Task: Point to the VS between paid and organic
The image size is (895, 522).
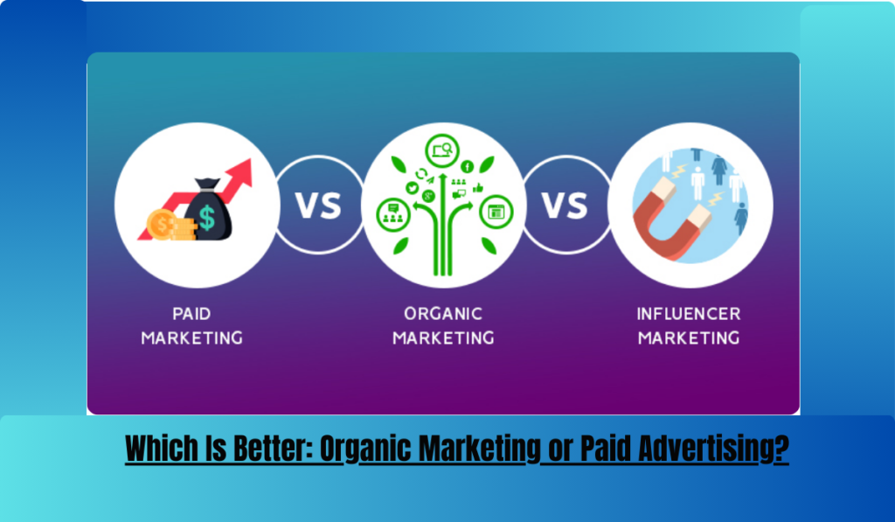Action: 318,205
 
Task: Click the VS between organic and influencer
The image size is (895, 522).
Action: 565,205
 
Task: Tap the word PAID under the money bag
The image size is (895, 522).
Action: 191,314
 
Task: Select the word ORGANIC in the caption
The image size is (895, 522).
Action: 443,314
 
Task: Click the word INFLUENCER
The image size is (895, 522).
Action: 689,314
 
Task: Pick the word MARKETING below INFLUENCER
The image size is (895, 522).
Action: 689,338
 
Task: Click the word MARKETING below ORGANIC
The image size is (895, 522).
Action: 443,338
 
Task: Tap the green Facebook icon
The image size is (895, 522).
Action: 467,167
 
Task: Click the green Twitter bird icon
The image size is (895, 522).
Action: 413,188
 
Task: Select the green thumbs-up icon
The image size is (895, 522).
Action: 478,187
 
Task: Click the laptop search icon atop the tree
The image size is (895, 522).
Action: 441,150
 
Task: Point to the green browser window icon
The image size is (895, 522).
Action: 496,212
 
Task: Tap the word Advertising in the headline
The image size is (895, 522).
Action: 713,449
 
